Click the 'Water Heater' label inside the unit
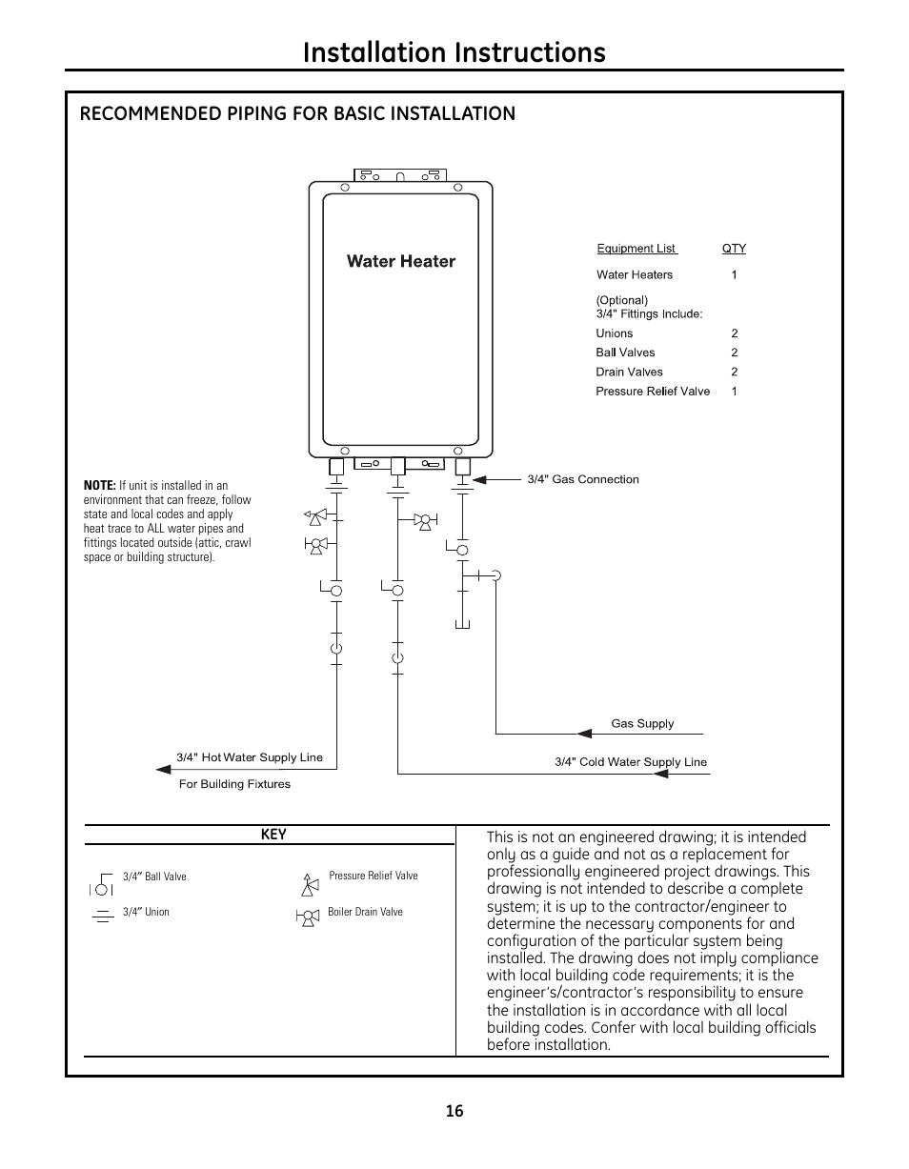click(x=400, y=261)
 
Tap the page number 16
click(x=454, y=1111)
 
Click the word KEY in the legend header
click(x=273, y=835)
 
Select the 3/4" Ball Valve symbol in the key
click(x=103, y=883)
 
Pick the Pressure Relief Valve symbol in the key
click(x=309, y=883)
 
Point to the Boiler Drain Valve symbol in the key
click(x=309, y=917)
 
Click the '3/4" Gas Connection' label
click(x=583, y=479)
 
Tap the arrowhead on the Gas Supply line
click(x=585, y=733)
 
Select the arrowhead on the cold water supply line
click(x=660, y=773)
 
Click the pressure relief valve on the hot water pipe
click(x=314, y=517)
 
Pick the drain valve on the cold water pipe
click(x=423, y=520)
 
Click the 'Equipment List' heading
click(x=636, y=249)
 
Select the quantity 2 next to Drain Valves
click(x=735, y=372)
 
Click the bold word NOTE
click(x=99, y=486)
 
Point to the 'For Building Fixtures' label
click(x=234, y=784)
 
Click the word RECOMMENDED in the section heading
click(x=144, y=114)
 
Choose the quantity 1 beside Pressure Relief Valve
click(x=735, y=391)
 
